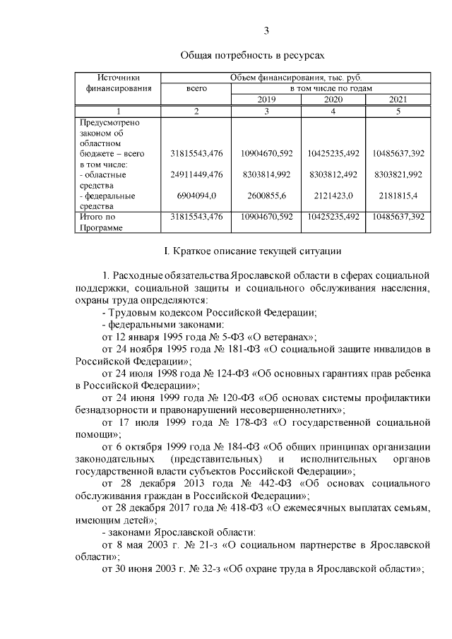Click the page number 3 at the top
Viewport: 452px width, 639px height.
pyautogui.click(x=266, y=30)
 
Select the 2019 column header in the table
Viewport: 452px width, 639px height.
pyautogui.click(x=266, y=100)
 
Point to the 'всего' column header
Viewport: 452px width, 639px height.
pyautogui.click(x=196, y=88)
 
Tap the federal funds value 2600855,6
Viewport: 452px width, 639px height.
pyautogui.click(x=266, y=196)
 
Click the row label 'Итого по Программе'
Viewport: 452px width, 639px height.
pyautogui.click(x=99, y=222)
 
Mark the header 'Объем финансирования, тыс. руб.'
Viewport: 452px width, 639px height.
pyautogui.click(x=295, y=77)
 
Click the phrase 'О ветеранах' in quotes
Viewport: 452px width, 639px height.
pyautogui.click(x=275, y=337)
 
